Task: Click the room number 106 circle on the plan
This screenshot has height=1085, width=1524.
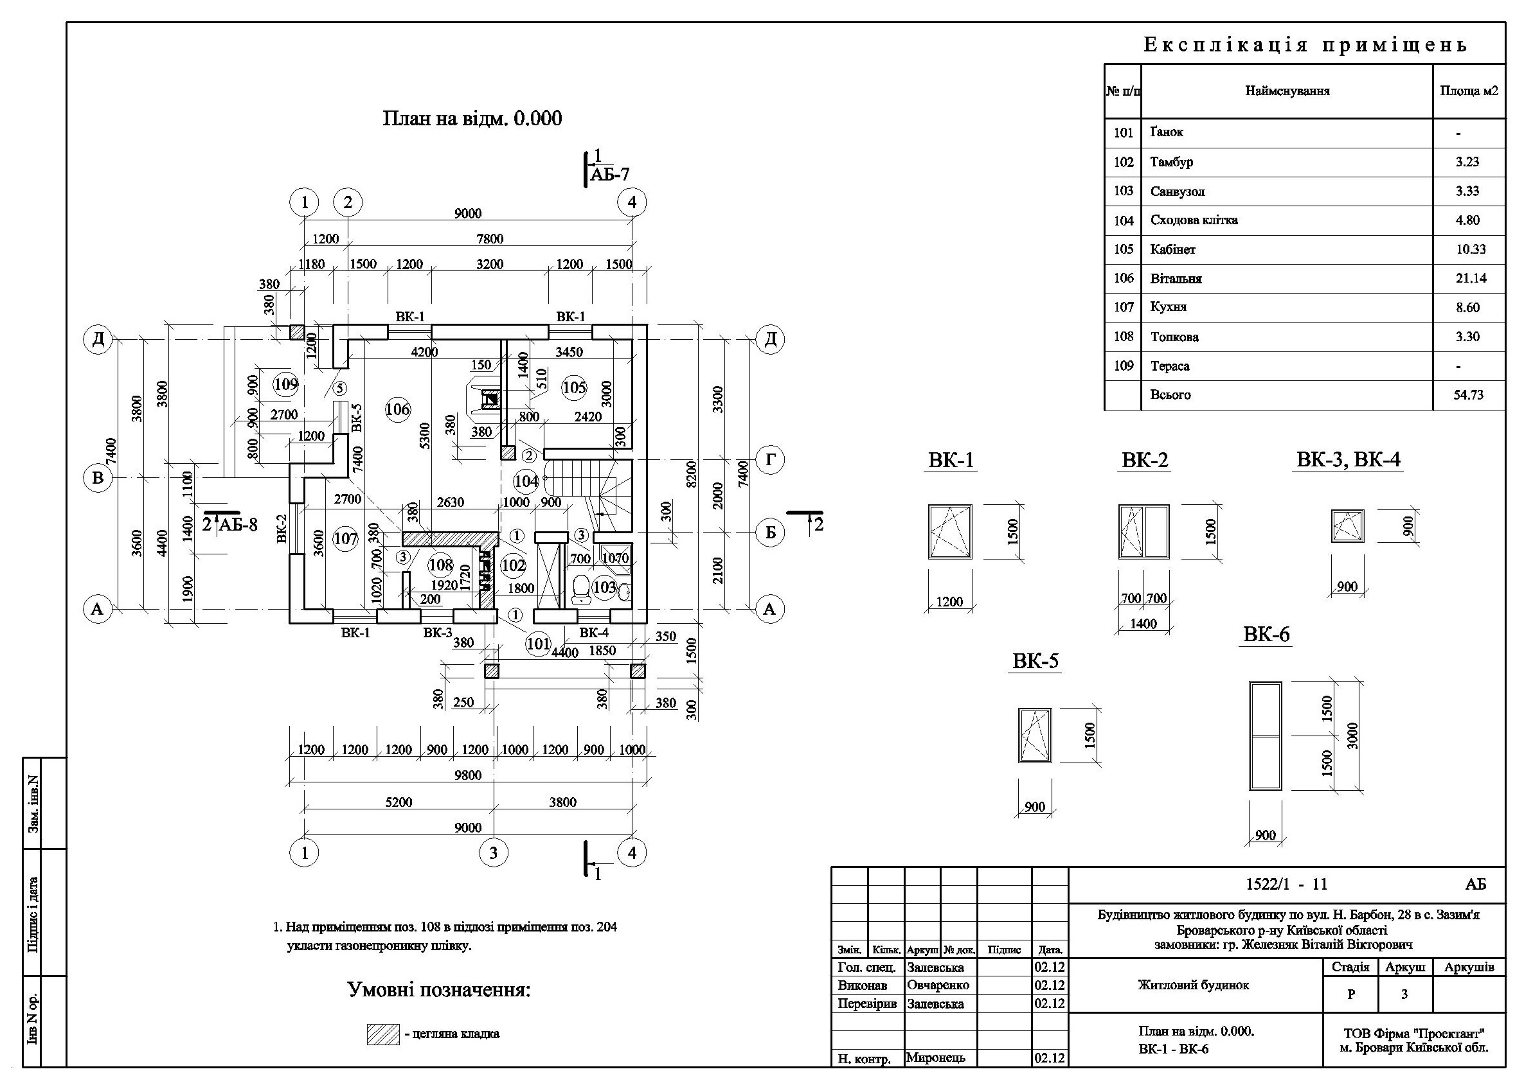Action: pyautogui.click(x=398, y=410)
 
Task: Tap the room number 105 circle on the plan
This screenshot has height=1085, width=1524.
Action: pyautogui.click(x=573, y=387)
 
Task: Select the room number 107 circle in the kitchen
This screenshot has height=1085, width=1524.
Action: pyautogui.click(x=345, y=538)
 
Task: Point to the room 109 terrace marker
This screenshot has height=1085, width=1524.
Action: pyautogui.click(x=285, y=384)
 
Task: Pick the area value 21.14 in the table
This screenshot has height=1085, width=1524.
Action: pyautogui.click(x=1471, y=279)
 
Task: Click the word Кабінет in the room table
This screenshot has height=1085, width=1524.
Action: pyautogui.click(x=1172, y=249)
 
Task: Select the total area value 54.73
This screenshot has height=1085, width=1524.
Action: pyautogui.click(x=1469, y=395)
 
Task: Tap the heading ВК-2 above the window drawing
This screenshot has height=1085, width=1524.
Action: pyautogui.click(x=1144, y=461)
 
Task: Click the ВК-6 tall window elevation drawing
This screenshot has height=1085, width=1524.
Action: pyautogui.click(x=1266, y=735)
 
